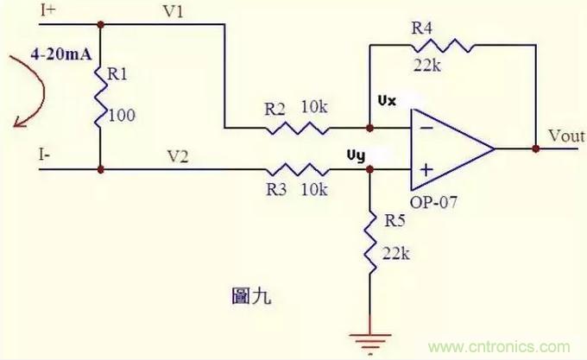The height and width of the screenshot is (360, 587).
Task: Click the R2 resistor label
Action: (275, 110)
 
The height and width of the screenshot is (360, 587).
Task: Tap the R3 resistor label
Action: (275, 188)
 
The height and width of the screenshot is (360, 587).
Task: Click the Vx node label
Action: (386, 102)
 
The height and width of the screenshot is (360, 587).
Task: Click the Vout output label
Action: (565, 136)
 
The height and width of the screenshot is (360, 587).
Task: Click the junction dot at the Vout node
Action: (535, 148)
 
